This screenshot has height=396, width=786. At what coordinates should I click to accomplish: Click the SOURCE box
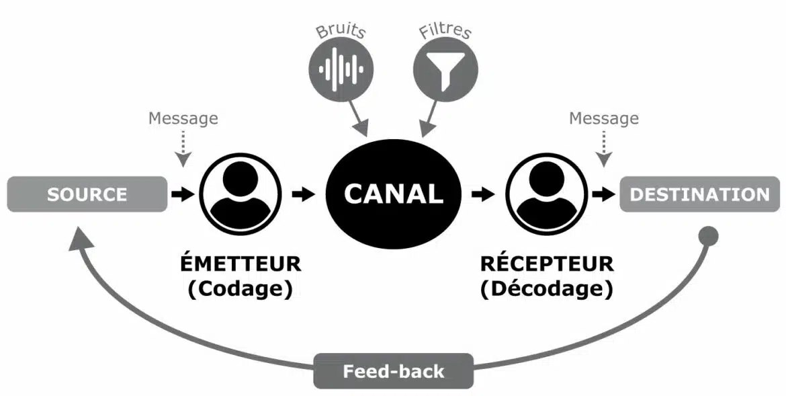(x=87, y=194)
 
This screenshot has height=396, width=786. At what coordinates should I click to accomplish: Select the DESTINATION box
(x=699, y=194)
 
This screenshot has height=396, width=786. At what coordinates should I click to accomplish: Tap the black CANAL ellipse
(x=394, y=194)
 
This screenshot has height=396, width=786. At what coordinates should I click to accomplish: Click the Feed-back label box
(x=393, y=371)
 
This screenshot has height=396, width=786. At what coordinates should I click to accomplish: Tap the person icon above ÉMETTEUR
(x=240, y=194)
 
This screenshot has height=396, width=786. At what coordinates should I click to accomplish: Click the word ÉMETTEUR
(x=240, y=263)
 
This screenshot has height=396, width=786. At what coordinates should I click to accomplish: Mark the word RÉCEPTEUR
(x=546, y=263)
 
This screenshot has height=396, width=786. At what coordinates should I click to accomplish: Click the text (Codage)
(x=241, y=289)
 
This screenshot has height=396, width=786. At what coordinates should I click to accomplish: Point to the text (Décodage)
(x=546, y=289)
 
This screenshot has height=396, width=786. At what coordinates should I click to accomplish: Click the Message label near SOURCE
(x=183, y=118)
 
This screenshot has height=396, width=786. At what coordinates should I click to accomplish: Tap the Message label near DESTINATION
(x=604, y=118)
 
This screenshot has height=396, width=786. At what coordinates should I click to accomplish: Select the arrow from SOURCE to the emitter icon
(x=182, y=194)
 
